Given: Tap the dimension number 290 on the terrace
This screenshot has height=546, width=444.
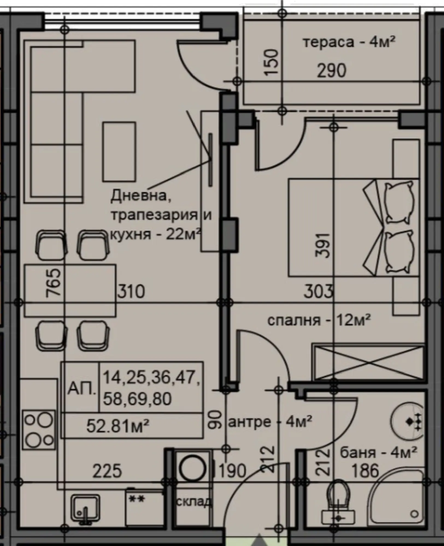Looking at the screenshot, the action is [x=332, y=71].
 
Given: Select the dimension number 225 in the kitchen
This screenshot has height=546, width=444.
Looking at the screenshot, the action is [x=107, y=471].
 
